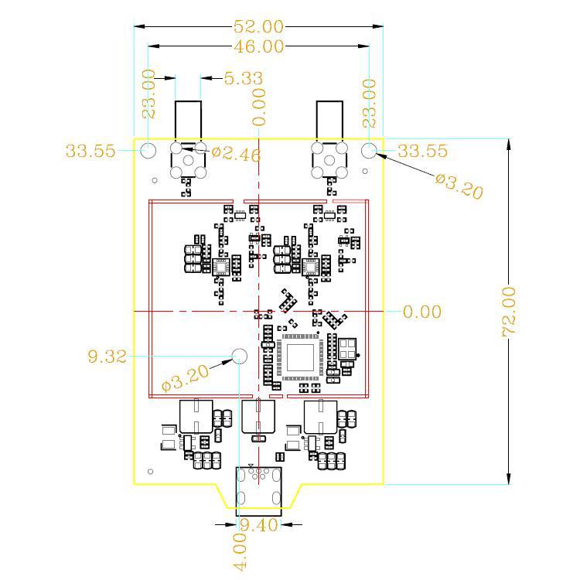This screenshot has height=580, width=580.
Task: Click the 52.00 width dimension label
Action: pos(258,26)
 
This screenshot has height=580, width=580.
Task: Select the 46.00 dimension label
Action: pos(259,46)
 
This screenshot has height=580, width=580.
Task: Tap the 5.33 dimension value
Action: pos(244,78)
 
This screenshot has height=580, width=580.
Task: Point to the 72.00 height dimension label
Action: pos(509,312)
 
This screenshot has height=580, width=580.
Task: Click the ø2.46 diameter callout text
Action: pos(236,154)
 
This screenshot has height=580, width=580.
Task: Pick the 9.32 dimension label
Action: pos(107,357)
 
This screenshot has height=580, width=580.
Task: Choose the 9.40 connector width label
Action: pos(259,525)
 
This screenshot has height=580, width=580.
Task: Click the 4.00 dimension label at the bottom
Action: pos(240,552)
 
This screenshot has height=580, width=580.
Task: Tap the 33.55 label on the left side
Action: pos(90,151)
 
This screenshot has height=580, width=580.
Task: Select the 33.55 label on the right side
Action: pos(422,151)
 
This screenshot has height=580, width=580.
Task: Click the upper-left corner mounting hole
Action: pos(148,151)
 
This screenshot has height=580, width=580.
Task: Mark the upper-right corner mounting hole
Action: pos(369,151)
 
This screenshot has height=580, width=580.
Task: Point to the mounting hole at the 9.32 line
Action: pos(239,356)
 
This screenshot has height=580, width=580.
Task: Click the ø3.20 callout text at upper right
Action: pos(459,186)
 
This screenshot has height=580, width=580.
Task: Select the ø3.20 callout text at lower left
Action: pos(186,378)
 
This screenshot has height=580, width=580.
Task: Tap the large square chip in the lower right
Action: pos(300,357)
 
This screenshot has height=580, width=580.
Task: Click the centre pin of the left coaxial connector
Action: pos(188,161)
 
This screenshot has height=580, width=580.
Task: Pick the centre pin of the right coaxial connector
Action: pos(329,161)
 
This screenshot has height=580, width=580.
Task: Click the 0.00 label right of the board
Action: pos(422,312)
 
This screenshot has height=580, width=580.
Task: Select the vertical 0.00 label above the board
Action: pos(259,107)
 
